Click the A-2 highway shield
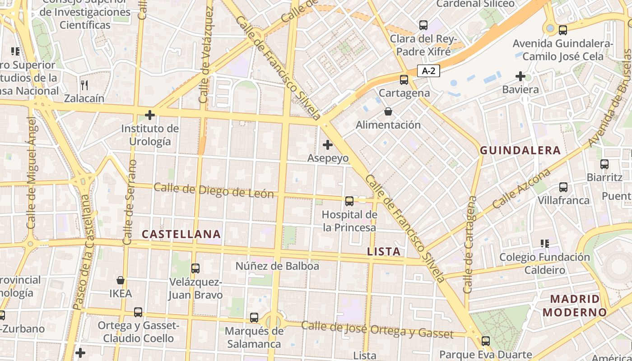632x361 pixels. click(x=428, y=71)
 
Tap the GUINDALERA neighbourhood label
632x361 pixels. click(x=520, y=151)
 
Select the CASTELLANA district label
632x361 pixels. click(x=181, y=234)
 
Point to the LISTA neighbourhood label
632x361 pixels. click(x=384, y=252)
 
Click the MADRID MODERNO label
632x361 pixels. click(x=575, y=305)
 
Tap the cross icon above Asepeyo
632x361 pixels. click(x=328, y=145)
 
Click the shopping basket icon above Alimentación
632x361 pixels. click(x=388, y=111)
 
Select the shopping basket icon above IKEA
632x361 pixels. click(x=121, y=280)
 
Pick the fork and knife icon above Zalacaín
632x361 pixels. click(x=84, y=84)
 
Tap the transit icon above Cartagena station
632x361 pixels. click(x=404, y=80)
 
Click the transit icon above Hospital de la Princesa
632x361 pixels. click(x=349, y=201)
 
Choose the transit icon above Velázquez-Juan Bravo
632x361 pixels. click(x=195, y=268)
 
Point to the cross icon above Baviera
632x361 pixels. click(x=520, y=76)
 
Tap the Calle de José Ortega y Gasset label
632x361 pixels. click(x=377, y=330)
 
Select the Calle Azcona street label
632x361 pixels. click(x=522, y=188)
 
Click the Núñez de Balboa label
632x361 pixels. click(x=277, y=266)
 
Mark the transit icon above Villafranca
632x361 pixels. click(x=563, y=187)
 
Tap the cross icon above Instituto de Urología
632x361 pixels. click(x=150, y=115)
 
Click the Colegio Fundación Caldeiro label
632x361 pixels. click(x=544, y=264)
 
